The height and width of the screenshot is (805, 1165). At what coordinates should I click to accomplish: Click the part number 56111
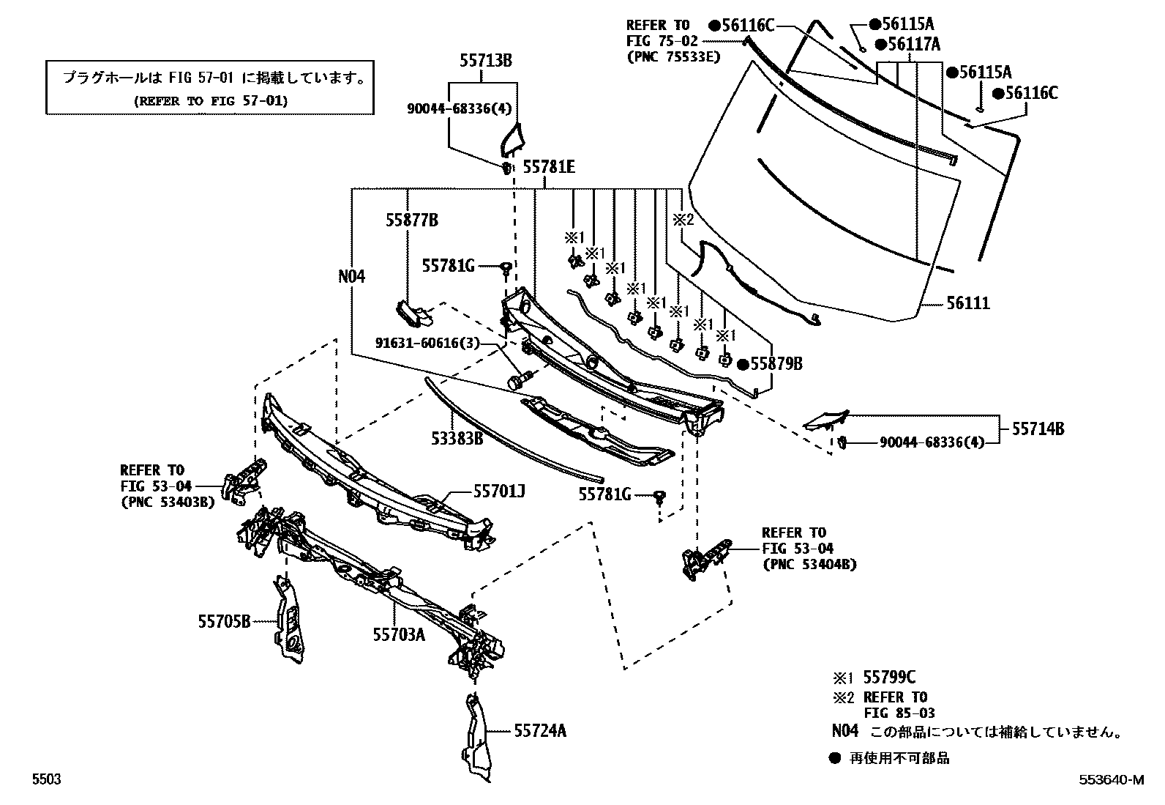point(968,303)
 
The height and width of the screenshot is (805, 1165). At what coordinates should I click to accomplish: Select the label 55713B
point(486,60)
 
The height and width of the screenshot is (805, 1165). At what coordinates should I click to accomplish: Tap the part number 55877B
point(412,220)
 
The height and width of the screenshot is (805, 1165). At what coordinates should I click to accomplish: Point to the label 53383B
point(457,439)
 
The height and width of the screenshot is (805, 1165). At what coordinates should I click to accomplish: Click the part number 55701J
point(499,491)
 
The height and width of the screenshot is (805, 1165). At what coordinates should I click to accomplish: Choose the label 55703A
point(399,634)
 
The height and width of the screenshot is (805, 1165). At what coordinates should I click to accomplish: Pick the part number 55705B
point(224,621)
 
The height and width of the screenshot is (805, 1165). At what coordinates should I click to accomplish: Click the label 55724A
point(540,730)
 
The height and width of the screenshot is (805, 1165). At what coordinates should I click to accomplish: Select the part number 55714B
point(1038,429)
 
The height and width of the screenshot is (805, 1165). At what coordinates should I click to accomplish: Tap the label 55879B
point(776,363)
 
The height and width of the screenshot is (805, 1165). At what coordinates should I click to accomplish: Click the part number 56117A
point(914,44)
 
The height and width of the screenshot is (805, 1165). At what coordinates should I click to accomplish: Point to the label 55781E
point(550,166)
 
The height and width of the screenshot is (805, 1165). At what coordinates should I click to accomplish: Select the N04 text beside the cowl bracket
point(351,276)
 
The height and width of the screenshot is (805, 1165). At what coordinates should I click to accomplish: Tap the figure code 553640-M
point(1112,779)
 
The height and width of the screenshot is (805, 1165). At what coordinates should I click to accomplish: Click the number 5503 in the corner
point(47,779)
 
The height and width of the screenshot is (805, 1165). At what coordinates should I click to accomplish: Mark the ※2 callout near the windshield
point(683,219)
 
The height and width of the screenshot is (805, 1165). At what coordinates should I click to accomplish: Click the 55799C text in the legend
point(889,677)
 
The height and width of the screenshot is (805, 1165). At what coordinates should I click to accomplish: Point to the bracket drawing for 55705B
point(288,620)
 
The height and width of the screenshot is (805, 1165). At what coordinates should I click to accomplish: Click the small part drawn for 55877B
point(414,314)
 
